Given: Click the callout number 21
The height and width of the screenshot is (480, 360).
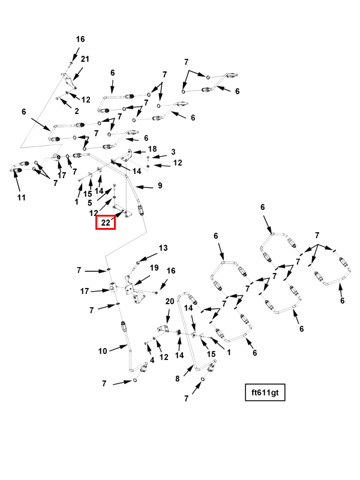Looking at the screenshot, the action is [x=85, y=59].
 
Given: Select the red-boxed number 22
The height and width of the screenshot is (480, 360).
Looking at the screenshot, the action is [x=106, y=222].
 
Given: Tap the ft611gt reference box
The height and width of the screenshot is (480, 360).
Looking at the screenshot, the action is [x=265, y=392].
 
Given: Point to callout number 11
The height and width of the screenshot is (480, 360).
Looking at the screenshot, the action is [x=22, y=197].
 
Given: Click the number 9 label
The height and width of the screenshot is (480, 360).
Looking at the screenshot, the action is [x=160, y=185].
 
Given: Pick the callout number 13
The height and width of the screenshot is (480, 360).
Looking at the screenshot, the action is [x=163, y=248].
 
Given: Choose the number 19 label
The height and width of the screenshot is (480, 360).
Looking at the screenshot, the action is [x=154, y=268].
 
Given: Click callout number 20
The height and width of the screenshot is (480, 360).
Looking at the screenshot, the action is [x=170, y=302].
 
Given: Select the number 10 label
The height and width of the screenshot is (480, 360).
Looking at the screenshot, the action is [x=103, y=351].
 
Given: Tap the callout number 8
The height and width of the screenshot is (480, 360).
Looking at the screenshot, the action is [x=178, y=379].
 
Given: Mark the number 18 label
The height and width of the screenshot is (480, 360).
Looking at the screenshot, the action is [x=152, y=149].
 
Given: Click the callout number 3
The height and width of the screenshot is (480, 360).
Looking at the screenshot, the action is [x=173, y=152].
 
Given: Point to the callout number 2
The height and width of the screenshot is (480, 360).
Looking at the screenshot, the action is [x=77, y=111].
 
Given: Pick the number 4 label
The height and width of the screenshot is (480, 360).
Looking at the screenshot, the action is [x=152, y=361].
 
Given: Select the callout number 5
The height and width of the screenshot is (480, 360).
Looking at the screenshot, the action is [x=89, y=203].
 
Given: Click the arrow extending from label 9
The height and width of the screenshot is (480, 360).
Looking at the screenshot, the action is [x=144, y=187].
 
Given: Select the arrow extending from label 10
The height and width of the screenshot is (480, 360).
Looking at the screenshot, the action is [x=118, y=348].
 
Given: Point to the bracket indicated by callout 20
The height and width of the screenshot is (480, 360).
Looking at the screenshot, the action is [x=163, y=329].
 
